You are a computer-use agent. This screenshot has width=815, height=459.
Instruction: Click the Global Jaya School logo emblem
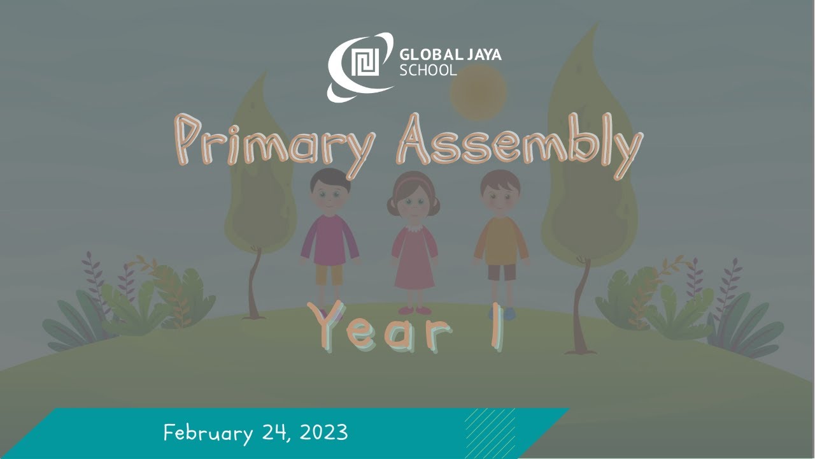(x=360, y=66)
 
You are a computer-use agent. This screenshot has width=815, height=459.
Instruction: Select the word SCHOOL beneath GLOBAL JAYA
(x=428, y=69)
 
